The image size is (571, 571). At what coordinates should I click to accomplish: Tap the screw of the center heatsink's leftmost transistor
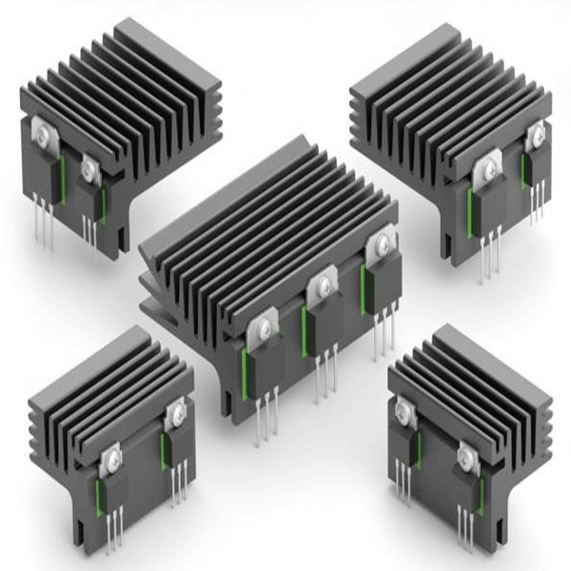262,329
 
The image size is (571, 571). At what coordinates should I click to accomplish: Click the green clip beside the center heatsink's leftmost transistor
246,367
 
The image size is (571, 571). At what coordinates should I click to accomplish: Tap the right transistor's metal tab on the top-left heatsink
89,168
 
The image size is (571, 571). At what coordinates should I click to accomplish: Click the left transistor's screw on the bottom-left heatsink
112,459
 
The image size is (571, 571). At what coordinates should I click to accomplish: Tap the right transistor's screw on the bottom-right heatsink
465,455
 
